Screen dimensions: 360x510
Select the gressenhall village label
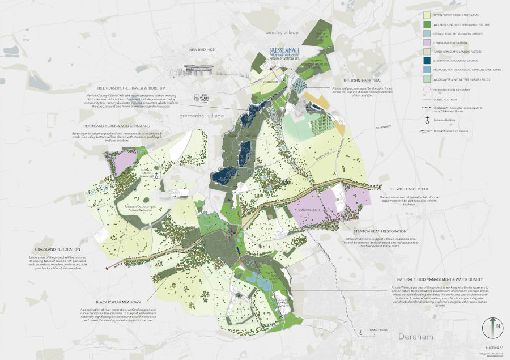(x=201, y=116)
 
